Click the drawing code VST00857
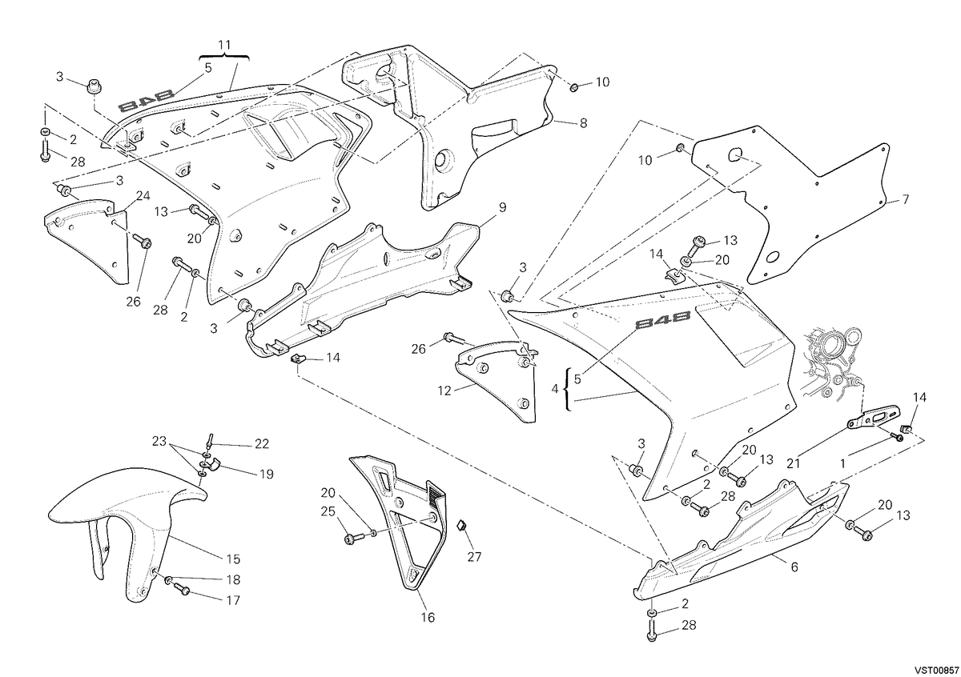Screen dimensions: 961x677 point(935,670)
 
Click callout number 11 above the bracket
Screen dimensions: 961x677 point(224,45)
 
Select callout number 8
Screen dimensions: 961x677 point(583,123)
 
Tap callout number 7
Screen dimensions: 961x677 point(905,199)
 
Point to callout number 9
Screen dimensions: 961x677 point(502,207)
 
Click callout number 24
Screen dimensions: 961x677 point(143,196)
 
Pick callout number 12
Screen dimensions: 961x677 point(444,391)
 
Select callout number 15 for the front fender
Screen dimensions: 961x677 point(233,559)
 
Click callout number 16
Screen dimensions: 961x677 point(428,618)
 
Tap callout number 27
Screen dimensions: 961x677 point(474,556)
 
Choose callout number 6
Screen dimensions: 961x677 point(794,567)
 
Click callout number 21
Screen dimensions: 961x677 point(794,463)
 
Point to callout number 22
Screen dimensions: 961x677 point(262,444)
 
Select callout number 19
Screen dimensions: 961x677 point(267,474)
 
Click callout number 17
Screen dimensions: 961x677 point(233,600)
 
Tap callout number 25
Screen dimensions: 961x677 point(328,511)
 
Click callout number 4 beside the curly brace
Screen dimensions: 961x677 point(555,389)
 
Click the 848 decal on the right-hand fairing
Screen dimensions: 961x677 point(662,319)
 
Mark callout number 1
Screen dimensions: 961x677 point(842,464)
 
